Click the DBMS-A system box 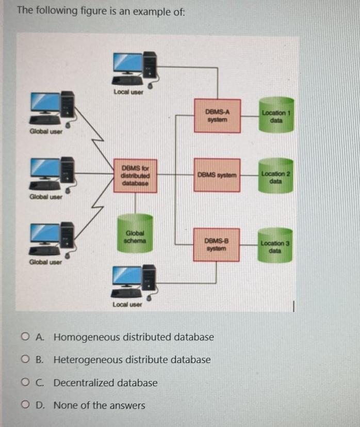point(217,116)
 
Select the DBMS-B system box point(217,244)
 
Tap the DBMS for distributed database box point(135,176)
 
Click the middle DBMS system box point(217,175)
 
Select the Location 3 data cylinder point(275,245)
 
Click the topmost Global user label point(45,131)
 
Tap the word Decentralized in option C point(84,383)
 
